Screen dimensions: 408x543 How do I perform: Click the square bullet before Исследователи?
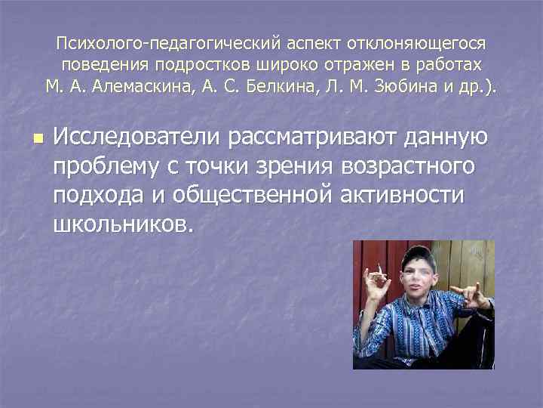[39, 139]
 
